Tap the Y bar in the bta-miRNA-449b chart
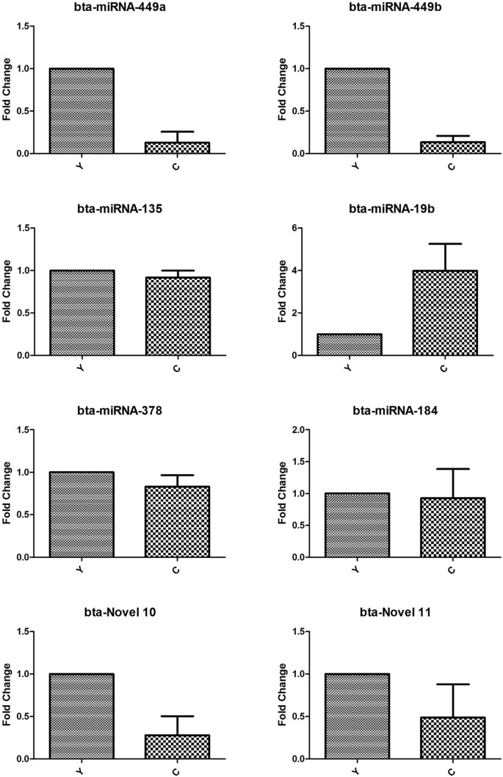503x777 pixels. click(349, 111)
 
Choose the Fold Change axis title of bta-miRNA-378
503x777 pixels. click(7, 493)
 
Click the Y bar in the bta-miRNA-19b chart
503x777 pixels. click(349, 345)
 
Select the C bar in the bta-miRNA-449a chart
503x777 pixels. click(177, 148)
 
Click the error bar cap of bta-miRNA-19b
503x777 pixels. click(445, 243)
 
